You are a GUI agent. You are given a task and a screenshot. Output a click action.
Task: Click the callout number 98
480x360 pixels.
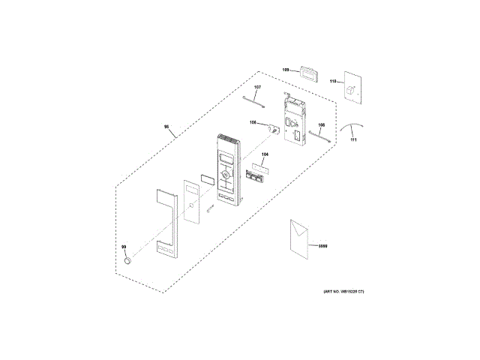tap(166, 127)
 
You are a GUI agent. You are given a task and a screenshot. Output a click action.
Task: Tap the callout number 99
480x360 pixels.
tap(124, 246)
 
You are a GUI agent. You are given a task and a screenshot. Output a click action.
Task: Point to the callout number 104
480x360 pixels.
tap(265, 154)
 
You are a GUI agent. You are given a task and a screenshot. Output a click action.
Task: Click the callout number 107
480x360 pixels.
tap(256, 88)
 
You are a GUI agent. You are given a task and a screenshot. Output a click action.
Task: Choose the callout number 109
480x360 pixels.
tap(285, 70)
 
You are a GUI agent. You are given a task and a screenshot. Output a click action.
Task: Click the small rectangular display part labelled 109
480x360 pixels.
tap(306, 72)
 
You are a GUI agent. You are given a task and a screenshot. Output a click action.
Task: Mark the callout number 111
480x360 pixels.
tap(354, 140)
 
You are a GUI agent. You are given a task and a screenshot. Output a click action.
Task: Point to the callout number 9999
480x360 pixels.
tap(323, 246)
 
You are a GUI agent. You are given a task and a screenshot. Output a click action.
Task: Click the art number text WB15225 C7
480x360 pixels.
tap(344, 291)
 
